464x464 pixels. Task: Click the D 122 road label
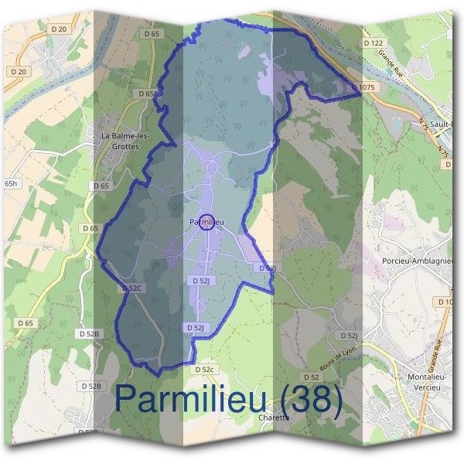pos(373,43)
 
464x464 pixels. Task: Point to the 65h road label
pos(11,184)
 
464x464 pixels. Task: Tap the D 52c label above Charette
pos(203,370)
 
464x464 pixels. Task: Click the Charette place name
pos(275,418)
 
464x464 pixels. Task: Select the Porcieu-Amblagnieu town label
pos(416,261)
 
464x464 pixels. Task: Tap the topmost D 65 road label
pos(152,34)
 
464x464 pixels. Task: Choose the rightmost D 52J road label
pos(349,336)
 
